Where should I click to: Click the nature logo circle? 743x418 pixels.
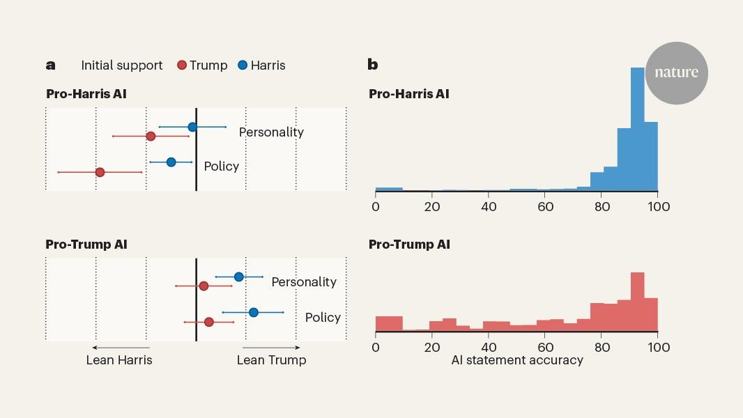[x=676, y=73]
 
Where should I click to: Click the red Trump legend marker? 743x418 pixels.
[x=182, y=65]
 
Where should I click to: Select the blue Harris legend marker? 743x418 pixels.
[x=243, y=65]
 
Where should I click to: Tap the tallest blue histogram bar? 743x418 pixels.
[x=637, y=129]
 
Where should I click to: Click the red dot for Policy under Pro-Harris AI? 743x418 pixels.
[x=100, y=172]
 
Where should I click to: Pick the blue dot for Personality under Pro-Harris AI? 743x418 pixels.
[x=192, y=127]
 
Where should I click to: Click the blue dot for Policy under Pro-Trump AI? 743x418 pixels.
[x=253, y=312]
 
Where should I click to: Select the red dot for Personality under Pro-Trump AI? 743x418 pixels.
[x=204, y=286]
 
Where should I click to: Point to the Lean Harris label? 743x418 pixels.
[x=119, y=360]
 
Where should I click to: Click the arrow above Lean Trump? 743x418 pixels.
[x=272, y=347]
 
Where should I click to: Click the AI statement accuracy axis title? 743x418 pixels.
[x=516, y=360]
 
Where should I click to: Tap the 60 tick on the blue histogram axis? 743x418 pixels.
[x=546, y=206]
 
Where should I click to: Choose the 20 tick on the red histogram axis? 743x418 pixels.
[x=432, y=347]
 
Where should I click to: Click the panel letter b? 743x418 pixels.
[x=373, y=65]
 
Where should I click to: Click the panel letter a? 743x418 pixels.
[x=50, y=65]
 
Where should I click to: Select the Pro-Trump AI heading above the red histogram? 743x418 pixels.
[x=409, y=245]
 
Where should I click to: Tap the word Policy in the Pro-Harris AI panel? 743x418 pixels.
[x=221, y=167]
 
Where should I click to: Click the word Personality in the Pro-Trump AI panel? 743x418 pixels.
[x=304, y=282]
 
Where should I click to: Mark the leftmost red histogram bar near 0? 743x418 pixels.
[x=389, y=324]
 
